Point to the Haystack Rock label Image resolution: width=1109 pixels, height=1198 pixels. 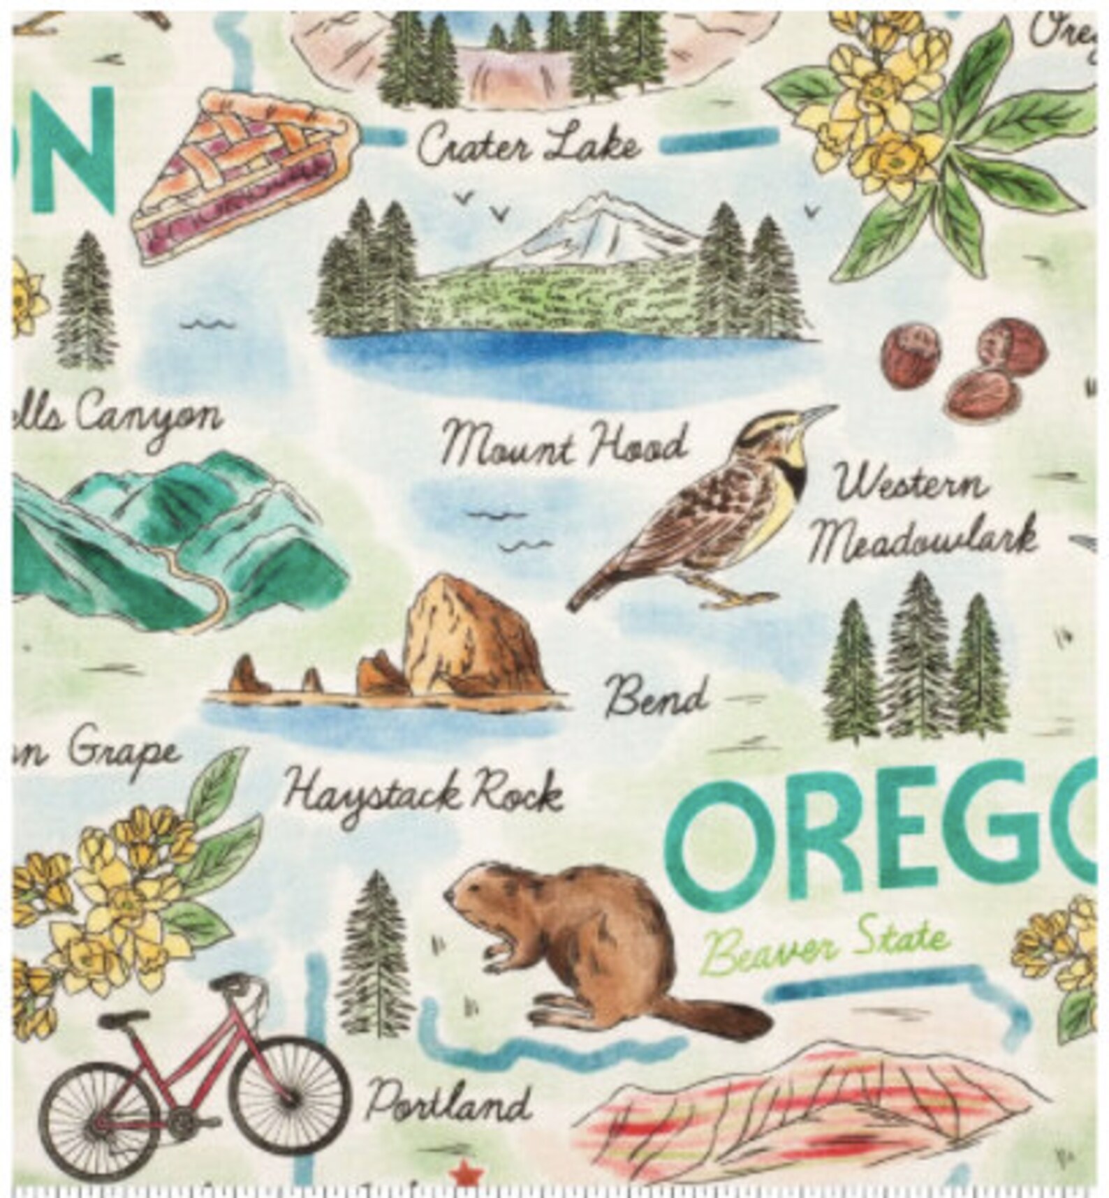[x=425, y=792]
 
